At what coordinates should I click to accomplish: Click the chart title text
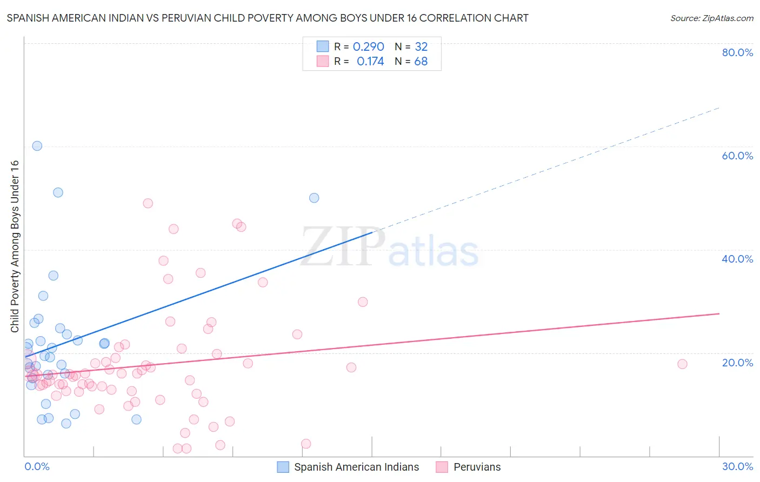pyautogui.click(x=268, y=18)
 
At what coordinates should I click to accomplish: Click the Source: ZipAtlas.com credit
pyautogui.click(x=711, y=18)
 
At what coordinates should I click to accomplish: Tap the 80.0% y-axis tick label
pyautogui.click(x=737, y=52)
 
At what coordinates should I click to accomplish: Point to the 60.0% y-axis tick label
pyautogui.click(x=737, y=156)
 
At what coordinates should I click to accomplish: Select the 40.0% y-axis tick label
pyautogui.click(x=737, y=259)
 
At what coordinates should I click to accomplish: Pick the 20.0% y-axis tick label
pyautogui.click(x=737, y=362)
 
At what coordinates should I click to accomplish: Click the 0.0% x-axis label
pyautogui.click(x=37, y=466)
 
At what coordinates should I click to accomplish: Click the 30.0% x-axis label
pyautogui.click(x=737, y=466)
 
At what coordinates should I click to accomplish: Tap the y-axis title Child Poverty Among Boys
pyautogui.click(x=15, y=246)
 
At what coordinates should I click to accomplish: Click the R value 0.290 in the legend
pyautogui.click(x=368, y=46)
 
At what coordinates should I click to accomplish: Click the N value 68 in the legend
pyautogui.click(x=421, y=62)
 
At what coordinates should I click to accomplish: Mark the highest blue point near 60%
pyautogui.click(x=37, y=146)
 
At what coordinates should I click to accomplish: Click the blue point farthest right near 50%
pyautogui.click(x=314, y=198)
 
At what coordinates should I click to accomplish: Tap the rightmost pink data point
pyautogui.click(x=682, y=364)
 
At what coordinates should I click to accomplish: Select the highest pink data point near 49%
pyautogui.click(x=148, y=203)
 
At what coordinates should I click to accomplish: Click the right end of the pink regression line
pyautogui.click(x=718, y=313)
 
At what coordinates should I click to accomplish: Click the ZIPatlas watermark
pyautogui.click(x=390, y=247)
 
